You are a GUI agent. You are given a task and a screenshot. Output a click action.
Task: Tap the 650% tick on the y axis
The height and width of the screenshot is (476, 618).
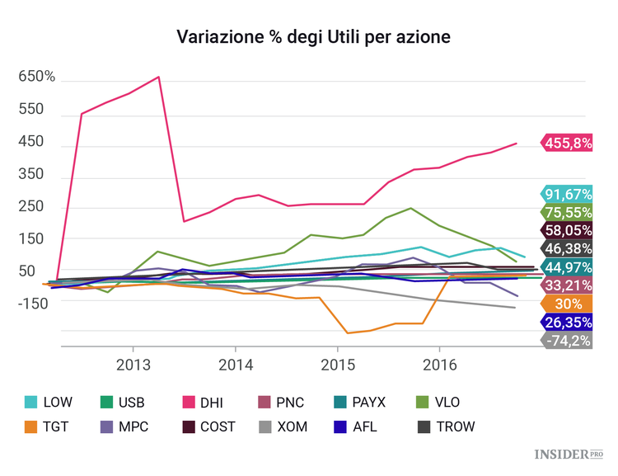point(37,77)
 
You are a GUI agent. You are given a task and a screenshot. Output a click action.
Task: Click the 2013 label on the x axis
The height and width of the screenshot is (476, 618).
point(133,363)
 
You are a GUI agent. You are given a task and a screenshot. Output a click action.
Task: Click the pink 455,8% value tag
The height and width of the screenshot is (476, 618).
point(568,143)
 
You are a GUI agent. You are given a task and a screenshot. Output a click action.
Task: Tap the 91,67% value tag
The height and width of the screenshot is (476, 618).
point(568,194)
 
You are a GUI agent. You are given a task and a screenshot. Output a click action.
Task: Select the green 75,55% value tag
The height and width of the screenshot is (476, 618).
point(568,212)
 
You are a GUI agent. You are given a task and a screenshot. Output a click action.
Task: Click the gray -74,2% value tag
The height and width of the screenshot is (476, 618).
point(568,339)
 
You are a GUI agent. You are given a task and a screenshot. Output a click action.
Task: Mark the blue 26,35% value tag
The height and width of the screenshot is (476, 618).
point(568,321)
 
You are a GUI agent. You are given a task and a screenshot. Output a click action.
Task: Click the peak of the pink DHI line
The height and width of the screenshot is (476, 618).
point(158,77)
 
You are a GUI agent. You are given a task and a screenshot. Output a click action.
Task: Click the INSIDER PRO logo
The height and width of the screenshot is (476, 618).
point(569,455)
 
